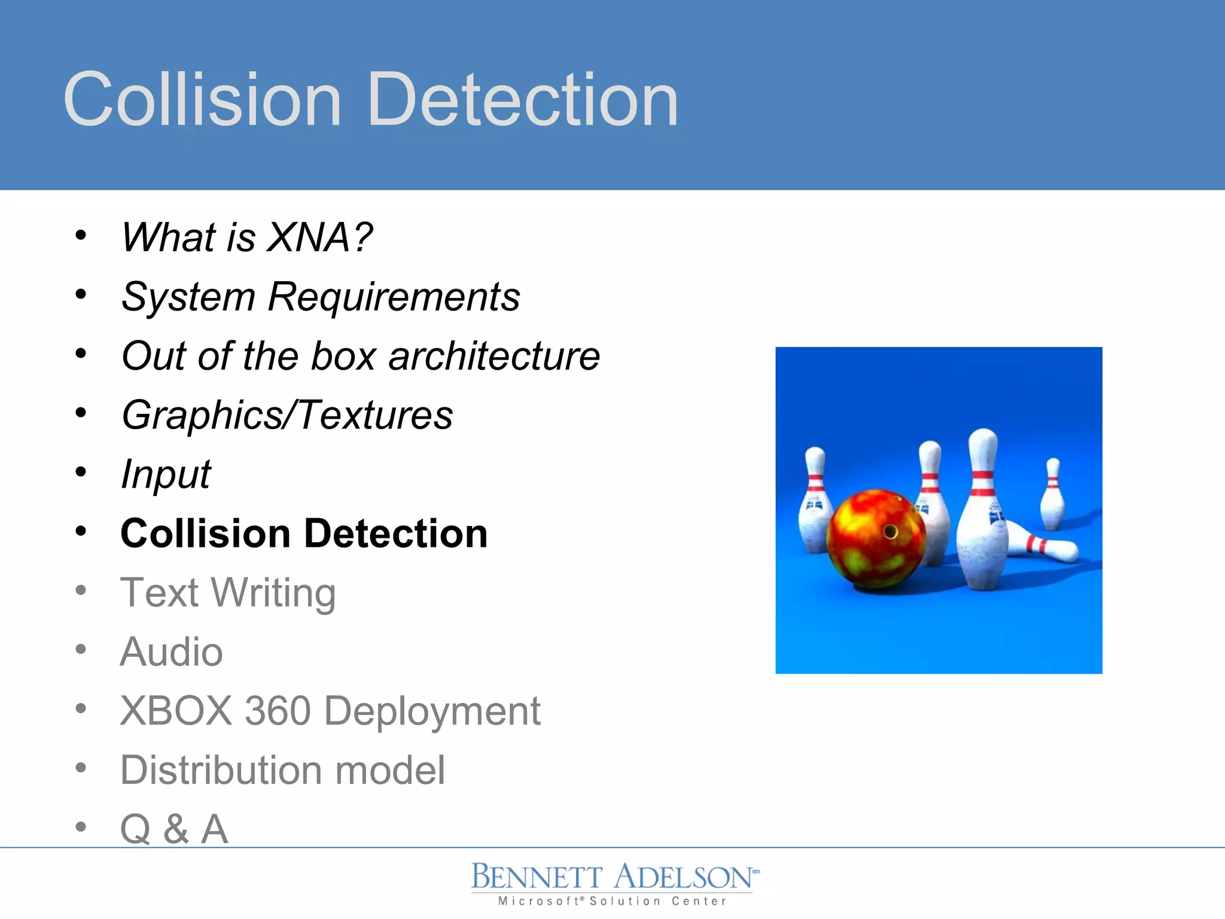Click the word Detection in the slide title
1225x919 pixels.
pos(523,100)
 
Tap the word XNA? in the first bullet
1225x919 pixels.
pos(319,237)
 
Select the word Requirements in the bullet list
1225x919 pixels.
pos(394,297)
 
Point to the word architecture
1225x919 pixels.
pos(494,356)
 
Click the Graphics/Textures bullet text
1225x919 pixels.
pos(287,415)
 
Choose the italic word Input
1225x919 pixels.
pos(166,474)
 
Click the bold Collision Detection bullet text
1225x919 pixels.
pos(304,533)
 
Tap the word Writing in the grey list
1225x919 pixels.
pos(273,593)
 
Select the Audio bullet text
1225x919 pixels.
pos(171,652)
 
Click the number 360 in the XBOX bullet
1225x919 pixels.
pos(278,711)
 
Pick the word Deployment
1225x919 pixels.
pos(432,712)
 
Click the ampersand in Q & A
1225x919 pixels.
pos(176,829)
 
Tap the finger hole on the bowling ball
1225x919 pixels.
pos(890,531)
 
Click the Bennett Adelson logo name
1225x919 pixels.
pos(612,878)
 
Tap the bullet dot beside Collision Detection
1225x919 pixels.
pos(81,531)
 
